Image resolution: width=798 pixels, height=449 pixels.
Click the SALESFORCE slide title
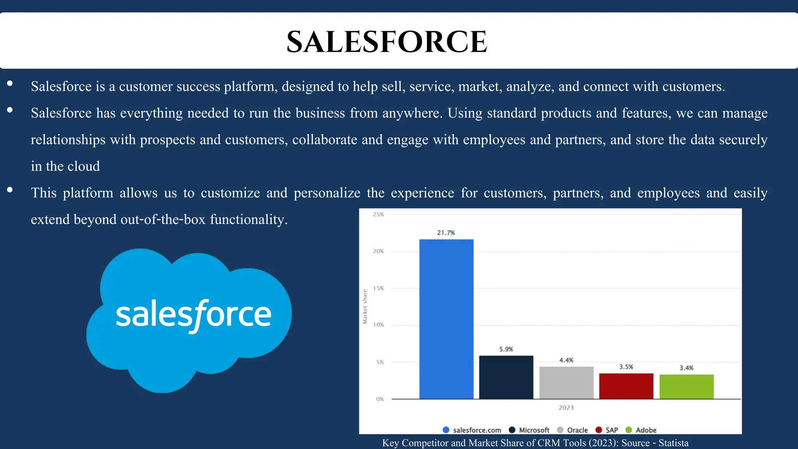(x=387, y=41)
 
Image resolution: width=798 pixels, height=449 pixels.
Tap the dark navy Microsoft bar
(x=506, y=377)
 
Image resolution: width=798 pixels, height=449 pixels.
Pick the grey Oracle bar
(x=566, y=382)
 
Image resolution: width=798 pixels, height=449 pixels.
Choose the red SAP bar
(x=626, y=386)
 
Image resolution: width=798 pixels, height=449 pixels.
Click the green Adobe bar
(x=686, y=386)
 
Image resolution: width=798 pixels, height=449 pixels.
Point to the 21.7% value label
(x=446, y=233)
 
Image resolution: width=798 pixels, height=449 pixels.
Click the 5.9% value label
(x=506, y=349)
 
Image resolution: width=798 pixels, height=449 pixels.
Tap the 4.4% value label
(x=566, y=360)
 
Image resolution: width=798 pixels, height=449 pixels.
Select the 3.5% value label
(x=626, y=367)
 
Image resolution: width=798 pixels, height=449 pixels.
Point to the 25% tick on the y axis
(x=378, y=214)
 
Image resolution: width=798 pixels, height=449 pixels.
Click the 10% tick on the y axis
(x=378, y=325)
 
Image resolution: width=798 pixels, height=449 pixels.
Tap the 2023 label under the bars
(x=566, y=408)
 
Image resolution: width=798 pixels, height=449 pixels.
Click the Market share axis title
(x=365, y=306)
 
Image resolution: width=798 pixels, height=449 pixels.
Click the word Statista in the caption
(x=673, y=443)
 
